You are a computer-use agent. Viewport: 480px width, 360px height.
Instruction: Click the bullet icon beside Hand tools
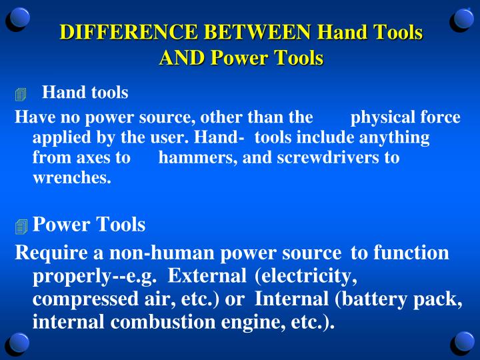coord(21,95)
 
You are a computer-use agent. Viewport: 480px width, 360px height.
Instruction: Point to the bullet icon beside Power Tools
coord(21,227)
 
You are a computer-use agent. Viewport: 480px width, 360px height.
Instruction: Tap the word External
coord(207,276)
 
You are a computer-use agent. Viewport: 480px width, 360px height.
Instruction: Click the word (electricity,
coord(305,276)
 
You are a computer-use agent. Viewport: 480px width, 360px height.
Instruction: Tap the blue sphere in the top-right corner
coord(463,18)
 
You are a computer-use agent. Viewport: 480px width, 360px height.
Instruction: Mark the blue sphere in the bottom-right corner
coord(463,341)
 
